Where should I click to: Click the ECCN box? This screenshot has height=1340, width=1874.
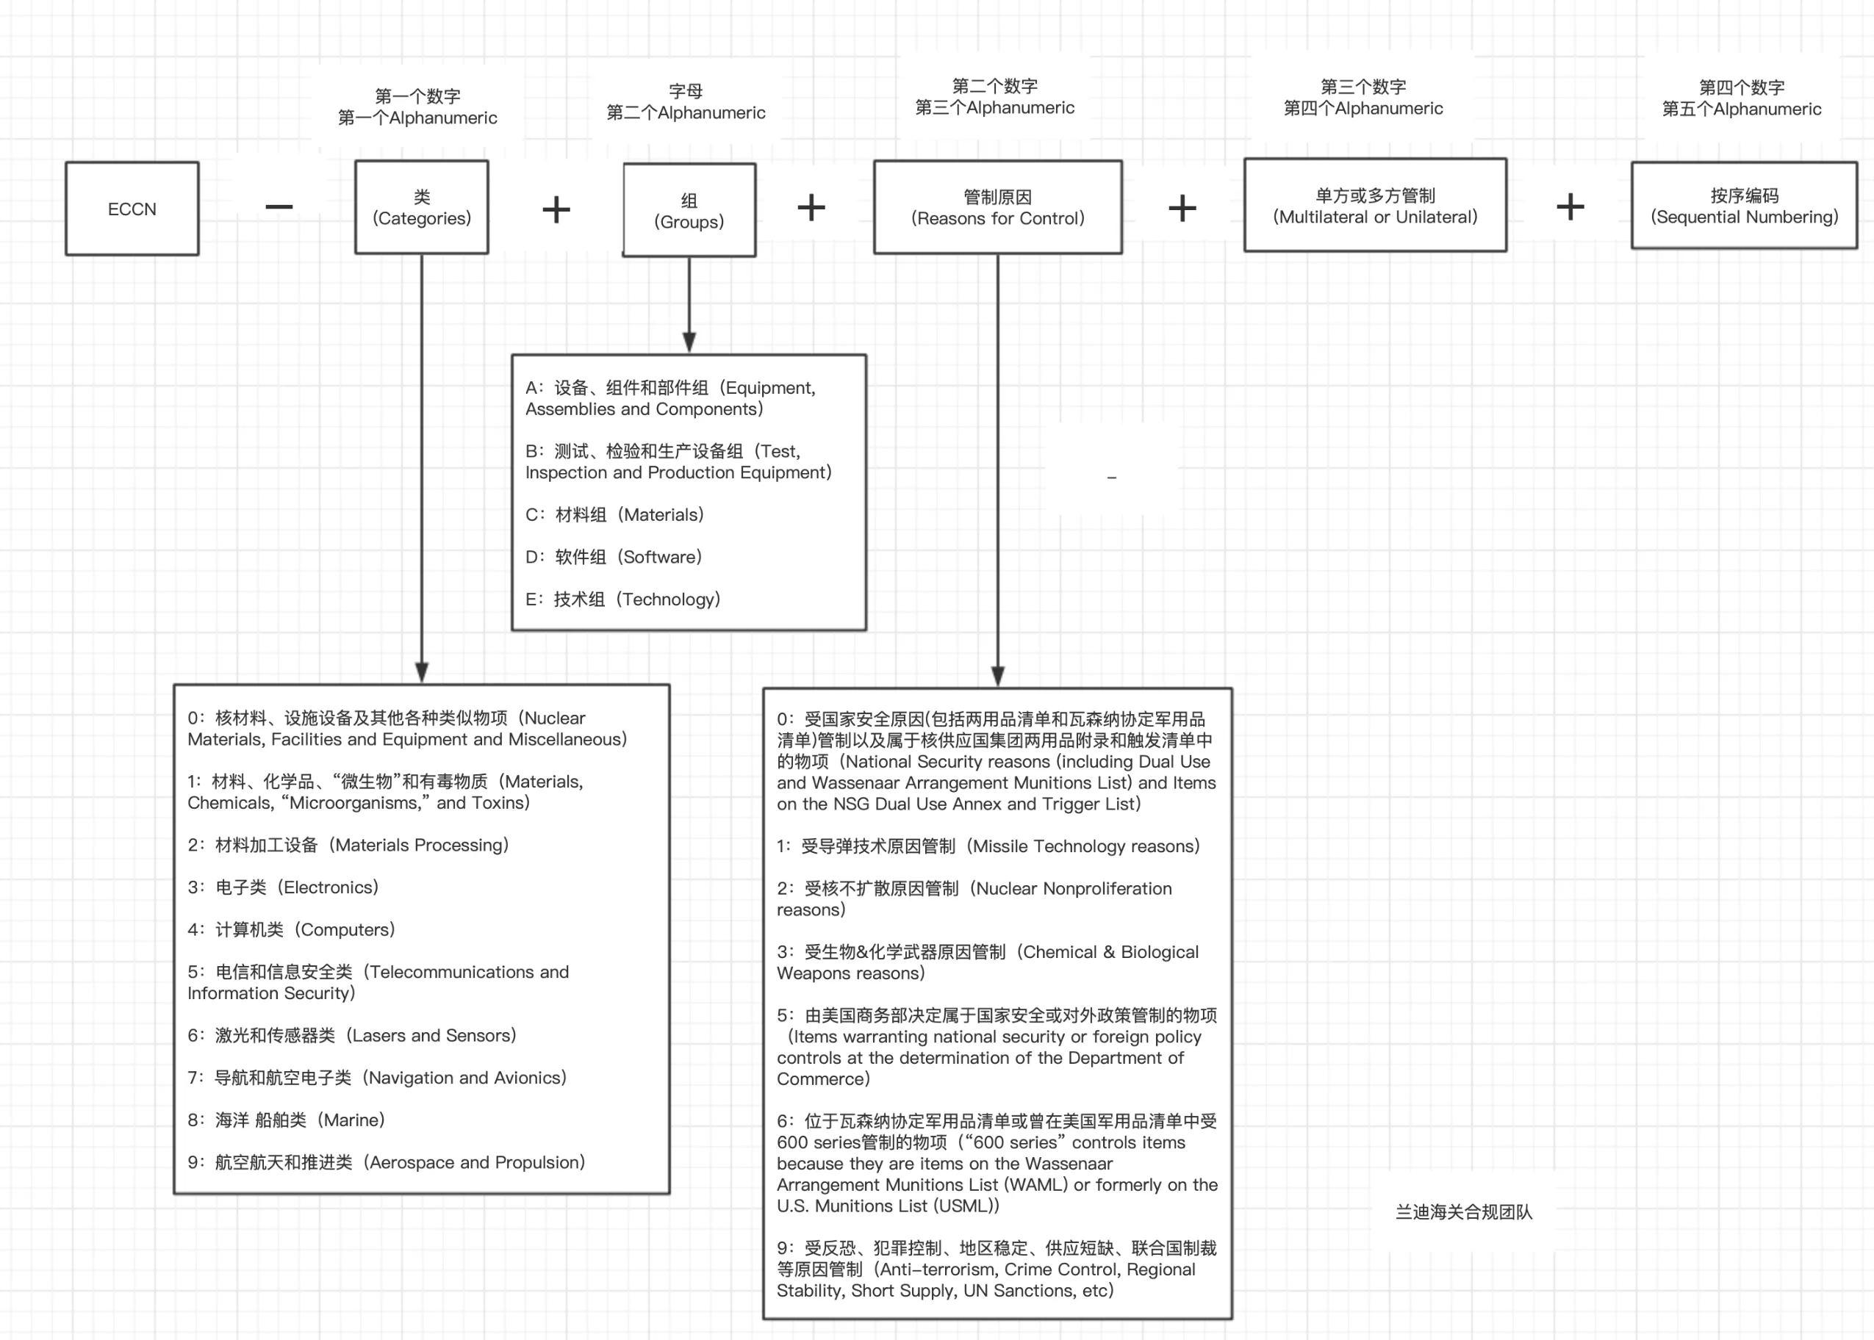pyautogui.click(x=132, y=208)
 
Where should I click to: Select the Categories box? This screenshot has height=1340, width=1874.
pyautogui.click(x=422, y=206)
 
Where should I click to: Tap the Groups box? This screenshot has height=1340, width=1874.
pyautogui.click(x=689, y=209)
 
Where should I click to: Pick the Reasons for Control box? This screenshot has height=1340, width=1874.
pyautogui.click(x=998, y=206)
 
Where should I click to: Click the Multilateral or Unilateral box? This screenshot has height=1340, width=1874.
pyautogui.click(x=1375, y=205)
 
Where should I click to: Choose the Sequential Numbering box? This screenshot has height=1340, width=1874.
pyautogui.click(x=1745, y=205)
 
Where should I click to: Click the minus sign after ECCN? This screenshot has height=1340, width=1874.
pyautogui.click(x=279, y=206)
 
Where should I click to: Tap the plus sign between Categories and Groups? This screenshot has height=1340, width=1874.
pyautogui.click(x=556, y=209)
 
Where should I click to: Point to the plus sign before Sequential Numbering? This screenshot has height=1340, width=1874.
pyautogui.click(x=1570, y=206)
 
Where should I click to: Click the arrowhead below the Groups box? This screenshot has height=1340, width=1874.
pyautogui.click(x=689, y=342)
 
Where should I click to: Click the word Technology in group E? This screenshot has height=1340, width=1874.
pyautogui.click(x=670, y=599)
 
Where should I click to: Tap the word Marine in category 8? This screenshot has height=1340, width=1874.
pyautogui.click(x=353, y=1120)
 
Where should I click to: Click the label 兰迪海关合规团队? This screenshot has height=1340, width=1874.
pyautogui.click(x=1464, y=1211)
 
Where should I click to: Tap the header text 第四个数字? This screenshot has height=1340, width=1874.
pyautogui.click(x=1741, y=87)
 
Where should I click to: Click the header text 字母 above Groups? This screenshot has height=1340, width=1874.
pyautogui.click(x=686, y=91)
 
